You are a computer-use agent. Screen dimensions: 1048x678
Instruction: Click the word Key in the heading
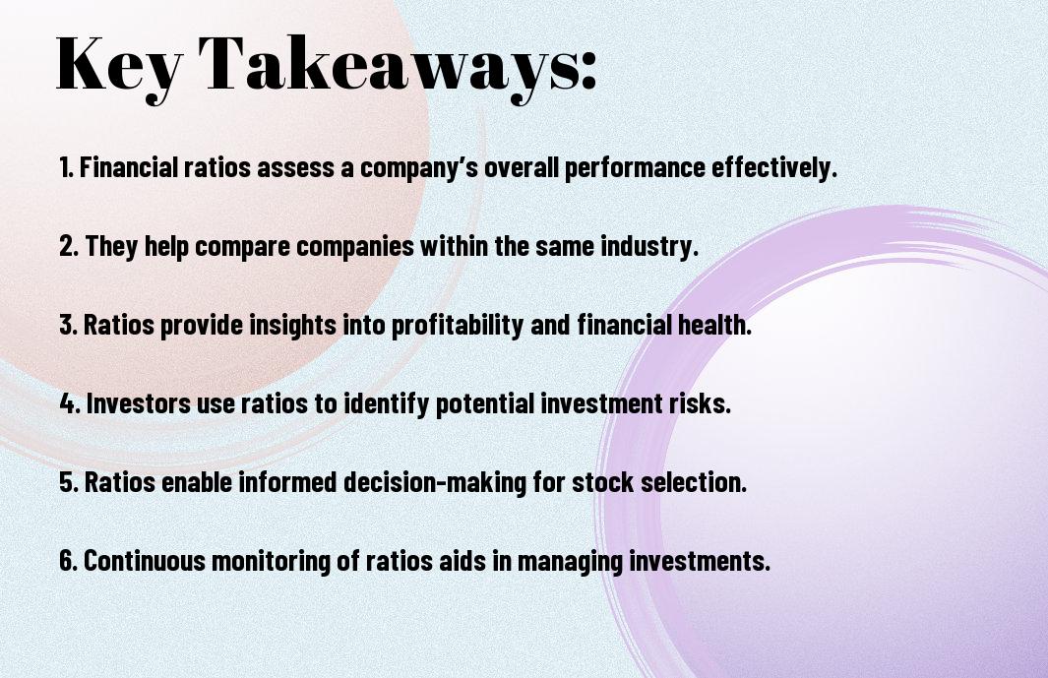click(x=119, y=66)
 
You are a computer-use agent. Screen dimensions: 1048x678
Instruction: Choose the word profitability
click(x=458, y=326)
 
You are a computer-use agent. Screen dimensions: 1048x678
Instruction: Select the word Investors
click(x=139, y=403)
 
